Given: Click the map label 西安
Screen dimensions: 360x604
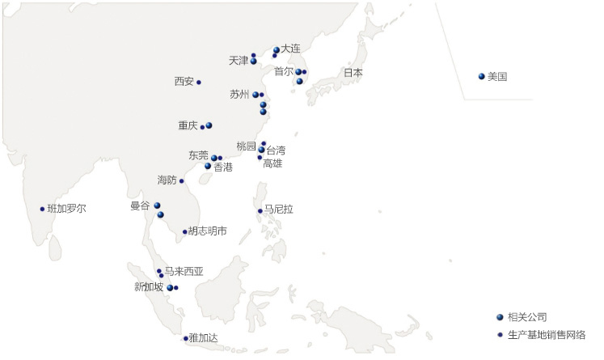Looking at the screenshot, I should pos(184,81).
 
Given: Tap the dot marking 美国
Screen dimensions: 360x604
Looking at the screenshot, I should pos(482,77).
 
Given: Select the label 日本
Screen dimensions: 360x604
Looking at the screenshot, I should pos(353,73).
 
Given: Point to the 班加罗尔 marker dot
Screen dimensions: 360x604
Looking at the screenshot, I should pos(42,209).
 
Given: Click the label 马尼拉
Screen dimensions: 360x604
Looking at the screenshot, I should pos(279,210).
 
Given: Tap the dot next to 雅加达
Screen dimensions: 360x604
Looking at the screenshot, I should pos(185,338).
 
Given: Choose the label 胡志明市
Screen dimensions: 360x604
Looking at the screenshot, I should pos(208,231).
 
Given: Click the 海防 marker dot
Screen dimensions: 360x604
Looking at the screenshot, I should pos(181,180).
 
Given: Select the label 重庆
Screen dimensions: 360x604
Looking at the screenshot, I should pos(188,125).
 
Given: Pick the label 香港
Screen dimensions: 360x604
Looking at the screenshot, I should pos(223,167).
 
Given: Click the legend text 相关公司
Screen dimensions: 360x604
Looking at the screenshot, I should pos(529,317).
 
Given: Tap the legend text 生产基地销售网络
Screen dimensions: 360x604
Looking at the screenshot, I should pos(548,335).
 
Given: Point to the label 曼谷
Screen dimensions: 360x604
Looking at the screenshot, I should pos(140,206).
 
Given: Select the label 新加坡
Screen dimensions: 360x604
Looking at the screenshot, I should pos(149,287).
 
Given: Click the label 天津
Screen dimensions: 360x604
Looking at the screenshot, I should pos(239,61).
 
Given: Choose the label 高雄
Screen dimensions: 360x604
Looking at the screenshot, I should pos(273,163).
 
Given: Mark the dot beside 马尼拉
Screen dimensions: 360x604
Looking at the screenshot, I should pos(260,211).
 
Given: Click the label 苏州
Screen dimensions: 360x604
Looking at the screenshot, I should pos(240,95).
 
